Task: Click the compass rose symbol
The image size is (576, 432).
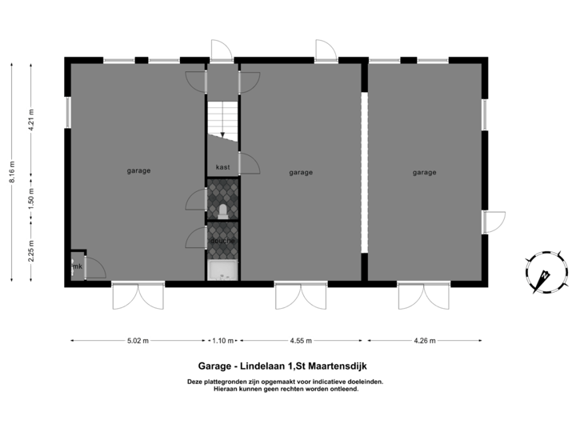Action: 543,273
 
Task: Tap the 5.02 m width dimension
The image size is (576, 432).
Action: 138,341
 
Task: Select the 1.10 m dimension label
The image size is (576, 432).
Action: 222,341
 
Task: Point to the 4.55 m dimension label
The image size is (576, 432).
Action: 301,341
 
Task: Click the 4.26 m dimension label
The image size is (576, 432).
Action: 424,341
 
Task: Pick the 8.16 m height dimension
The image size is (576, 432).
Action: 11,173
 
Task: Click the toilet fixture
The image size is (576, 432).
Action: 222,211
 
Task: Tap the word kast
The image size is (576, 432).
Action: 222,167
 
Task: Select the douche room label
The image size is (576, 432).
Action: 222,240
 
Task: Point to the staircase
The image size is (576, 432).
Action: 222,120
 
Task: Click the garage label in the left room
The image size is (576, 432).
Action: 138,170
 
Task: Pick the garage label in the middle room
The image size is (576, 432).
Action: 301,172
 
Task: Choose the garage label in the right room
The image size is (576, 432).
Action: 424,172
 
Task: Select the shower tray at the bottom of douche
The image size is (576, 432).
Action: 222,271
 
